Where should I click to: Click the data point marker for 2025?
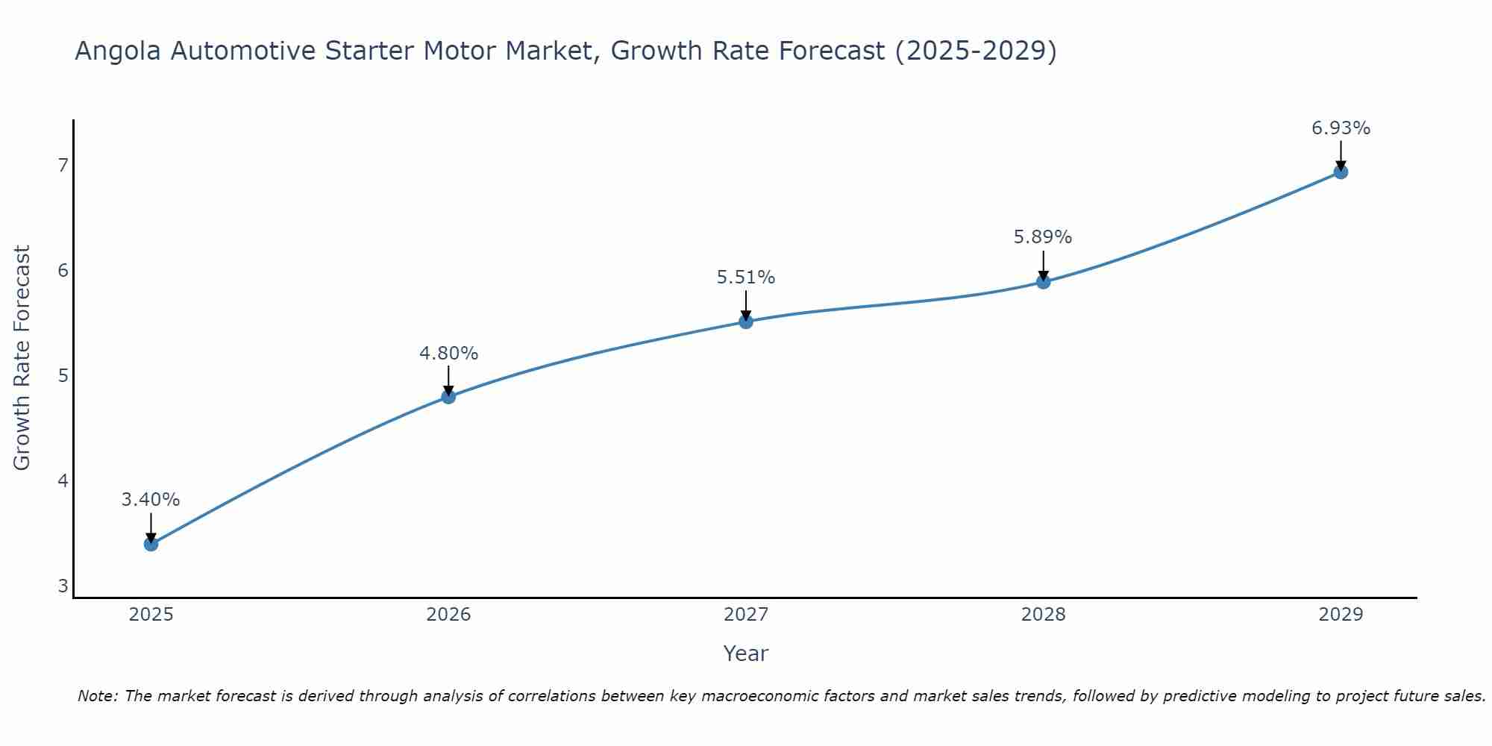151,544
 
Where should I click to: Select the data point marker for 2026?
448,397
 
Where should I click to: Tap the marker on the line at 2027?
746,322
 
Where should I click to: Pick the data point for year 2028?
1043,282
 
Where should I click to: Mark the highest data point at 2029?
1341,172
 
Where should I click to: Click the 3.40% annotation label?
151,500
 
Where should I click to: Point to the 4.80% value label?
448,354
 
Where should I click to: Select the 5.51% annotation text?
746,278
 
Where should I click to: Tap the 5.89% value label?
1043,237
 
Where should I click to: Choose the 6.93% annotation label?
1341,128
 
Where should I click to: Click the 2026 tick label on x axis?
448,615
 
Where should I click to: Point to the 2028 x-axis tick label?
1043,615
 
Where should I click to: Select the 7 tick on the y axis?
63,165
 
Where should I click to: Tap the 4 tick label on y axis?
63,480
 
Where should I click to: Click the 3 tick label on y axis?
63,586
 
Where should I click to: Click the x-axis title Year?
746,653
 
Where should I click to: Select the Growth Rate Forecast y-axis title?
22,358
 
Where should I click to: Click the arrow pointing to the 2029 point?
1341,154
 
